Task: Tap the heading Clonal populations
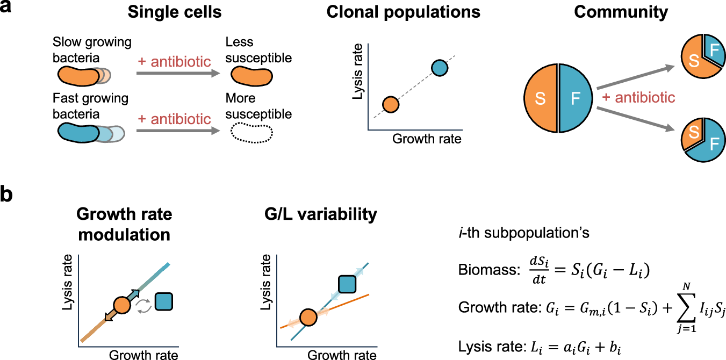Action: tap(404, 12)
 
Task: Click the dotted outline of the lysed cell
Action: tap(250, 132)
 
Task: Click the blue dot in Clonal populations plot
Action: tap(440, 68)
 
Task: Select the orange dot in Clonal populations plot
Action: tap(391, 104)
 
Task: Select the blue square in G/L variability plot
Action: tap(347, 284)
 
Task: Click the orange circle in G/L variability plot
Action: tap(308, 317)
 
